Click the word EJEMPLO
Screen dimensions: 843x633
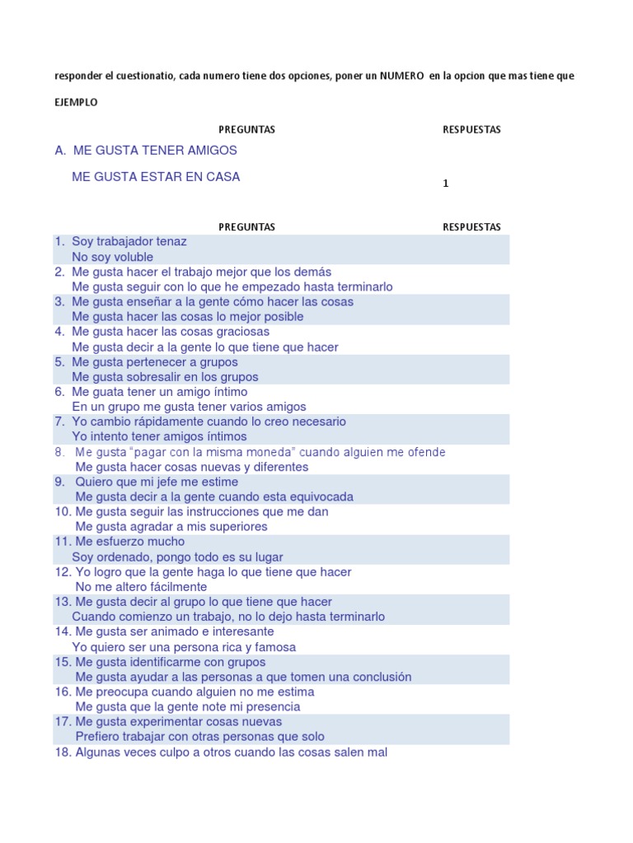click(x=76, y=103)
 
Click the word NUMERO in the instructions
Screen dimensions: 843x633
click(x=402, y=76)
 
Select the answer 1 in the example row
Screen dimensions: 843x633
click(x=446, y=184)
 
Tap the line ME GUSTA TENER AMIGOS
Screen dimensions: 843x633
click(x=155, y=151)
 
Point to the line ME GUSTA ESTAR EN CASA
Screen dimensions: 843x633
click(x=157, y=177)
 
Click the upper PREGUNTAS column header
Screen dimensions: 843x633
click(x=246, y=130)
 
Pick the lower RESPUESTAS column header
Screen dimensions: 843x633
click(x=471, y=227)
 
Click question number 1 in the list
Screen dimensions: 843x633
click(x=59, y=242)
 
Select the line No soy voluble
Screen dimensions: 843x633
click(x=113, y=257)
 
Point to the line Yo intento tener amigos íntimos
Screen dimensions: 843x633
click(x=159, y=436)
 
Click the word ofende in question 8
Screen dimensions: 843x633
click(x=427, y=452)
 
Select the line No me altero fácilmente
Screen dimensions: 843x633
click(x=141, y=587)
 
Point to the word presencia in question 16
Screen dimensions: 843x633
click(x=270, y=706)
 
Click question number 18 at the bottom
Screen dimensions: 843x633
click(x=63, y=752)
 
